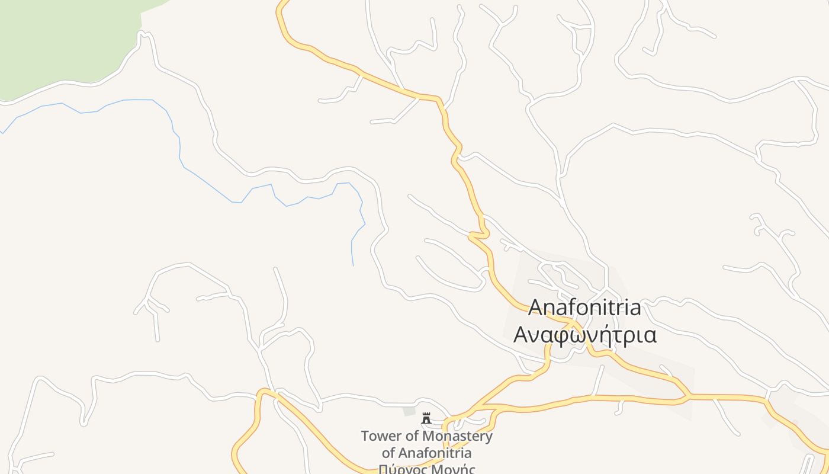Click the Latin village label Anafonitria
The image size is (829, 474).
coord(584,308)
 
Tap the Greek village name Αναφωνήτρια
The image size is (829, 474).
coord(585,335)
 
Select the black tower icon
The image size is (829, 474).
coord(426,418)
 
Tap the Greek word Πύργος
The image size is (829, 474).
coord(400,469)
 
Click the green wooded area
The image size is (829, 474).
coord(65,41)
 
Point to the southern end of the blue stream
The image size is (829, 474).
coord(353,264)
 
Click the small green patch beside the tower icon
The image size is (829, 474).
coord(409,411)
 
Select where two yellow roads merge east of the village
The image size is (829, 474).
coord(687,396)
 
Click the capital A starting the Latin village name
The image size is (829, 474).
coord(535,308)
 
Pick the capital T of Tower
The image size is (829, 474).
coord(365,437)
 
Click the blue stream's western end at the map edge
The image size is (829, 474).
coord(2,132)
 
